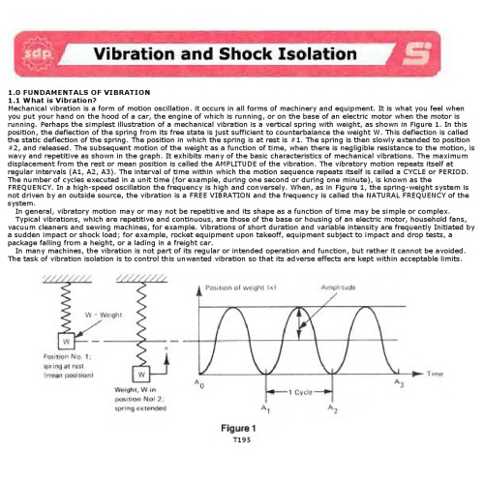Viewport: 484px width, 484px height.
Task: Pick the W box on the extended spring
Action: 143,375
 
